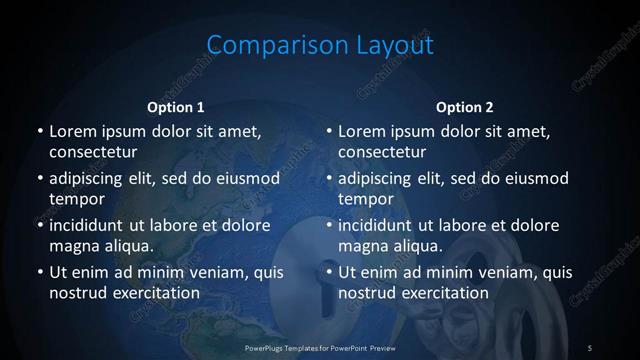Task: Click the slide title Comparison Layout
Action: point(320,45)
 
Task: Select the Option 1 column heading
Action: point(176,107)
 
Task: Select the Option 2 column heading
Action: point(465,107)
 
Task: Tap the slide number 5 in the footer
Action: point(590,347)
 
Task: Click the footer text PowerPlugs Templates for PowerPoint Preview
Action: point(320,347)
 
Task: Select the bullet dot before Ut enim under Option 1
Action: point(39,272)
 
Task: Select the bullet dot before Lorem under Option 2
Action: point(329,131)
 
